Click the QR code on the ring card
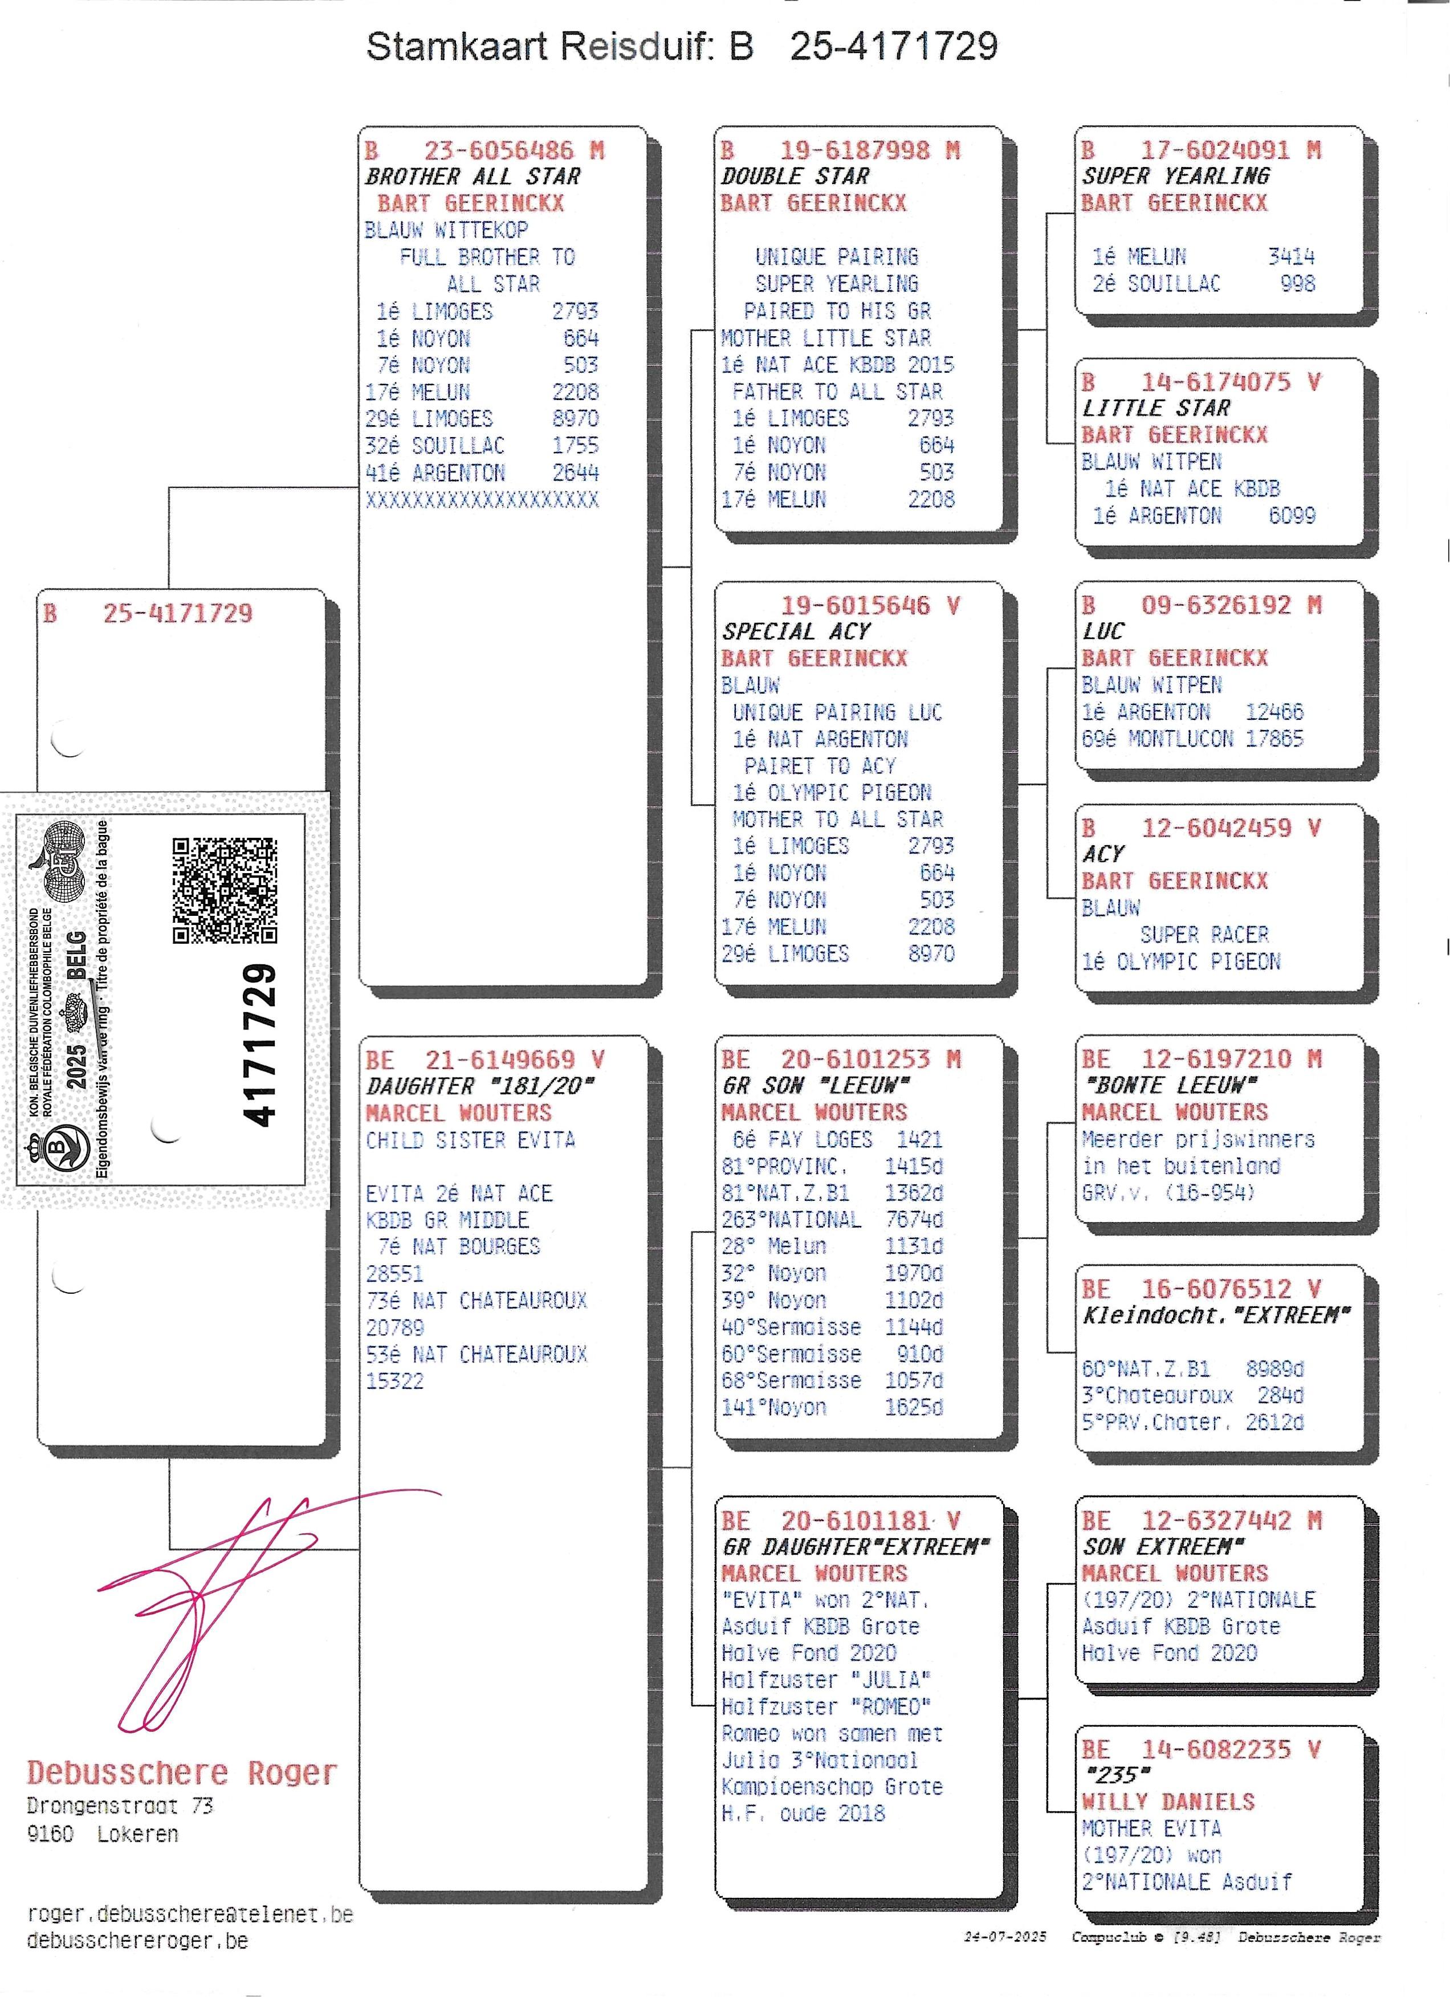225,890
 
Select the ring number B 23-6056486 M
484,150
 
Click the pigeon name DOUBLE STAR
795,176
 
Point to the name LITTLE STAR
1156,407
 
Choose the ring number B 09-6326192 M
1201,605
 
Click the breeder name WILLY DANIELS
1168,1800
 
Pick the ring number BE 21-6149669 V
485,1059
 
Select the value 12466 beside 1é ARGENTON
1274,711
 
